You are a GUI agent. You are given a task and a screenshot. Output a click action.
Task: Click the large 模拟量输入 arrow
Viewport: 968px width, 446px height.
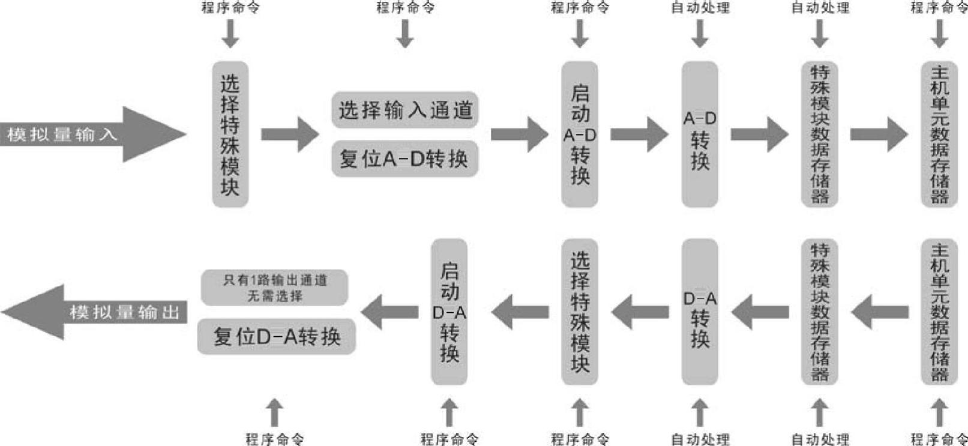90,134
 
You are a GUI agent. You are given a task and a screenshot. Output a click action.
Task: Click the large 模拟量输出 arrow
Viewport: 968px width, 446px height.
96,312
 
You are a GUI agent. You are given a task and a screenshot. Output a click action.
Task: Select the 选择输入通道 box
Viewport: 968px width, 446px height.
405,110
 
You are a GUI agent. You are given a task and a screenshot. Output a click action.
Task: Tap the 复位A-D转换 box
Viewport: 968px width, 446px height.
405,159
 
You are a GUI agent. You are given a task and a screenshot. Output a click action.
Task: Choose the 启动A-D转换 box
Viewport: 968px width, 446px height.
579,134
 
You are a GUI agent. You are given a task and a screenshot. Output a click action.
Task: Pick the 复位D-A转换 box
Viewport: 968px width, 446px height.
277,336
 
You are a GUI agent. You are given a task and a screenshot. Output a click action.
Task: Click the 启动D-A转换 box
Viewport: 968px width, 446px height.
449,312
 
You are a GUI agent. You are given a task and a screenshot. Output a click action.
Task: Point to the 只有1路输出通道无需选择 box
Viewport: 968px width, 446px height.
274,288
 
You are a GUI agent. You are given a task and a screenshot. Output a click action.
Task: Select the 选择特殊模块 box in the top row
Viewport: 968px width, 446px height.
230,134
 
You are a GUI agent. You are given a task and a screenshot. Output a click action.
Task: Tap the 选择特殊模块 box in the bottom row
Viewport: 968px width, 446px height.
579,312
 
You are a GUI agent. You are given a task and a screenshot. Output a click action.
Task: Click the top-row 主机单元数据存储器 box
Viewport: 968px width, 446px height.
939,134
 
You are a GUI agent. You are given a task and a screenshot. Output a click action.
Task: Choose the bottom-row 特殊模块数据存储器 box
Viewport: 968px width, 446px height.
820,312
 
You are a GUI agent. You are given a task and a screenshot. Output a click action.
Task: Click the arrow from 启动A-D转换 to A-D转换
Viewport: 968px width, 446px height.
640,134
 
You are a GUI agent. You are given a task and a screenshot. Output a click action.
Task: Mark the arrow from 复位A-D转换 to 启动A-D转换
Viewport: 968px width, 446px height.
520,134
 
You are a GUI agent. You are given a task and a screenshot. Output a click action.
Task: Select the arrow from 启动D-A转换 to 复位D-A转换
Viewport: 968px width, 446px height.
389,312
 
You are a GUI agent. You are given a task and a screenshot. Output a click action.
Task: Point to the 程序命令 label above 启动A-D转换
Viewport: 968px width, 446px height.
580,7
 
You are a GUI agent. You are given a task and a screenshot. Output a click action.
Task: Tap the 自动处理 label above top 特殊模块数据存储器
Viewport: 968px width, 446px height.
820,7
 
